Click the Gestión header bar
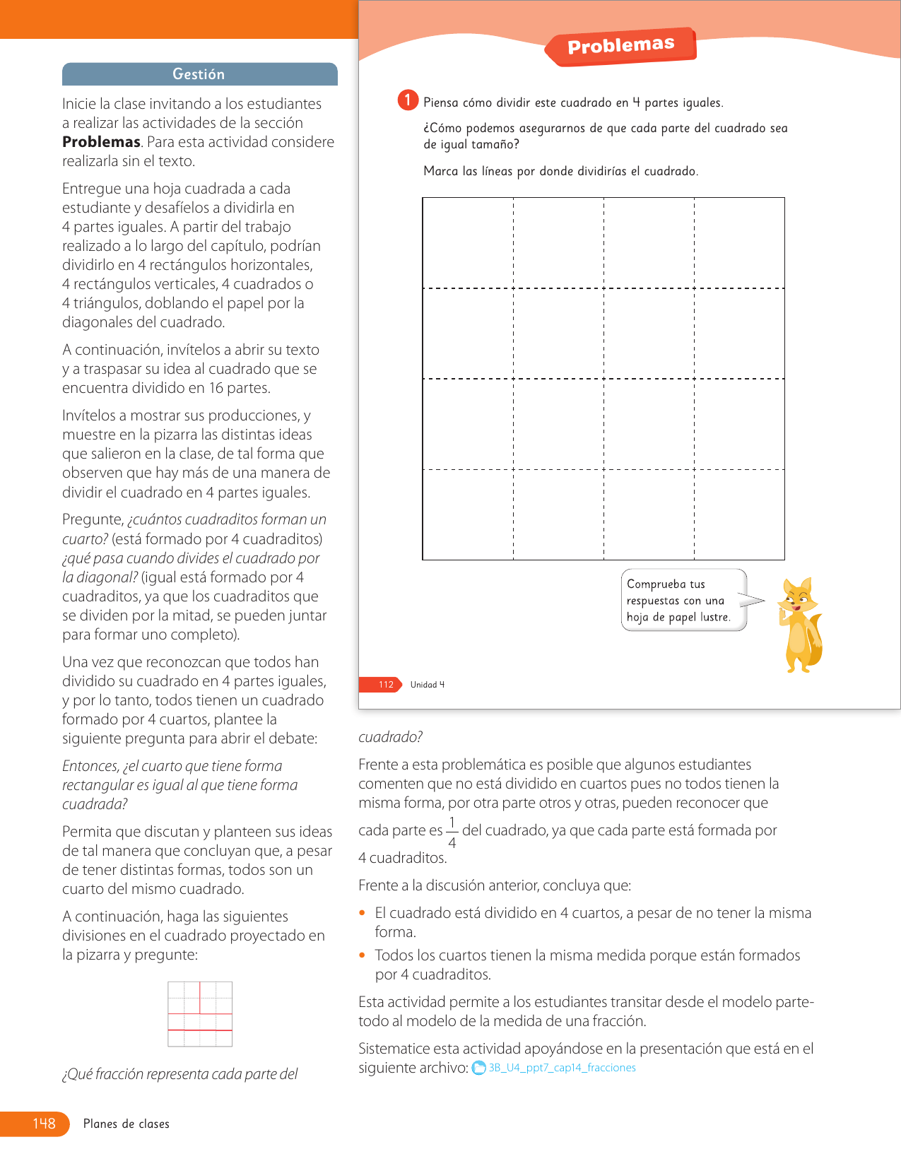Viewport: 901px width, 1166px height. click(199, 74)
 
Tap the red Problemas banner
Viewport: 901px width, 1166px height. click(621, 46)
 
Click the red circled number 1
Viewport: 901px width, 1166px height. click(408, 100)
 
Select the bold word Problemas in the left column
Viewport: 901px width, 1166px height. click(101, 142)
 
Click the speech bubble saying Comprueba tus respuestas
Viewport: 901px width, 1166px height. click(683, 600)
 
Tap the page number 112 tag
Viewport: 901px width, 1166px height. click(386, 684)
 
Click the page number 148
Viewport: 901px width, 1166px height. click(44, 1124)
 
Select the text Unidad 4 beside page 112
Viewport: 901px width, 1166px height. click(428, 684)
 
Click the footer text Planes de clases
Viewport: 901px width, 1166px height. click(126, 1124)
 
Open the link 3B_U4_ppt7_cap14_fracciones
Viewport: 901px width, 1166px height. click(563, 1068)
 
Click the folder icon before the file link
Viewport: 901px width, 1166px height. click(479, 1068)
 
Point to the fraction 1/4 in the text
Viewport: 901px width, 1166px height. click(452, 832)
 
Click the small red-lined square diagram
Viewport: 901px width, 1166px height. click(200, 1014)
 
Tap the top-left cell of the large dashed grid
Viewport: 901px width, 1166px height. click(468, 243)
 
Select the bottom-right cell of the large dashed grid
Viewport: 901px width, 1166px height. click(739, 514)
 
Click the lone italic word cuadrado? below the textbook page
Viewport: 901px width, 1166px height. click(390, 737)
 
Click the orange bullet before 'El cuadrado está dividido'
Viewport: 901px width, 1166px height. click(363, 913)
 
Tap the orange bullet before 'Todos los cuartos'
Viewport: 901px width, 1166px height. click(363, 955)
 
